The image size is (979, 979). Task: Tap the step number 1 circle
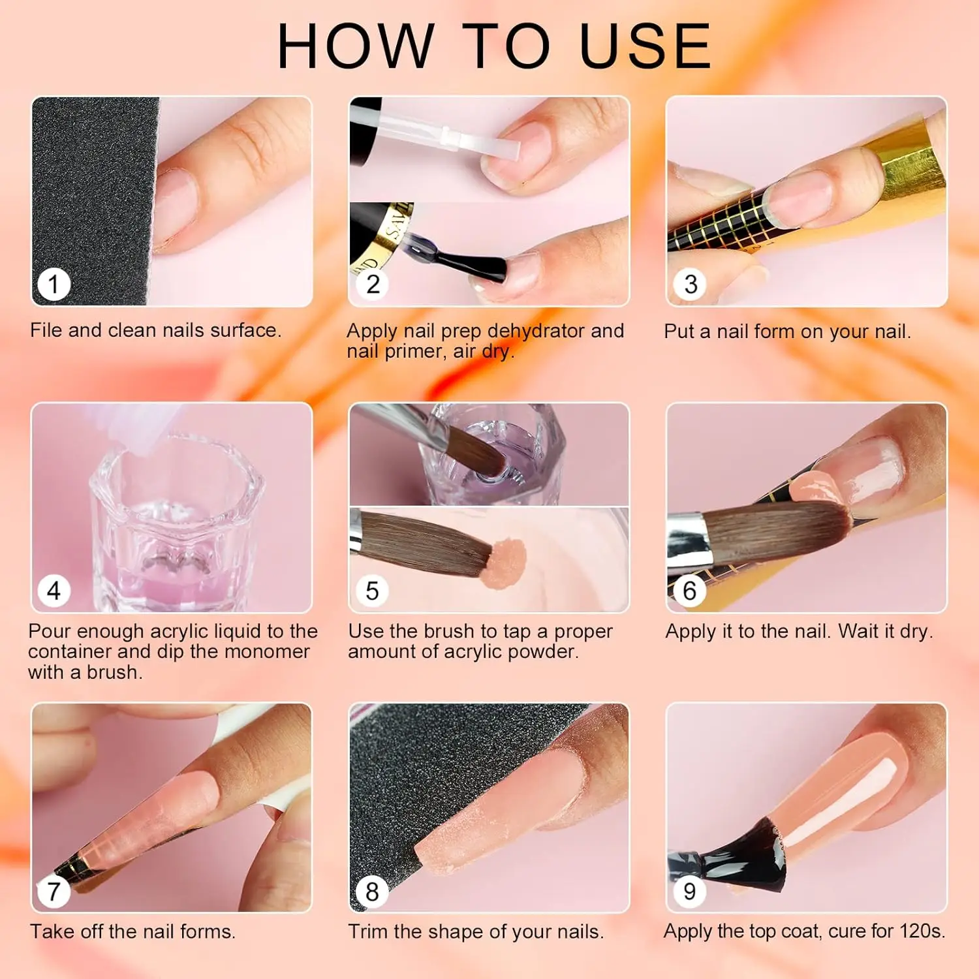[54, 285]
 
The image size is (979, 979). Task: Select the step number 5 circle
[372, 591]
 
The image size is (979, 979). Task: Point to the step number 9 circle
[690, 892]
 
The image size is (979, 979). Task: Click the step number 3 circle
[691, 285]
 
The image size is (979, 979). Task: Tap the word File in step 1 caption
[46, 330]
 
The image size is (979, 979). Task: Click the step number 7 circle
[54, 892]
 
